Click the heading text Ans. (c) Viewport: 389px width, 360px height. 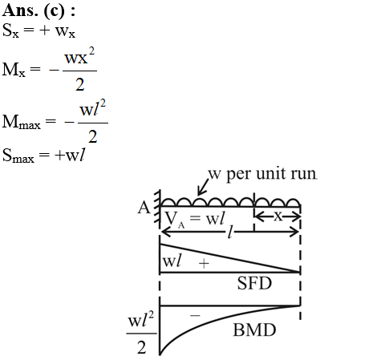tap(38, 11)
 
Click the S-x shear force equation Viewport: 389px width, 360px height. tap(38, 30)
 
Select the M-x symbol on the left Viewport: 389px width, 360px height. tap(14, 69)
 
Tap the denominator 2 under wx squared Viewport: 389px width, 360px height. tap(79, 85)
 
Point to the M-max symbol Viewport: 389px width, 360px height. tap(22, 122)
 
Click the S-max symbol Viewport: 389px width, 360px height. tap(18, 156)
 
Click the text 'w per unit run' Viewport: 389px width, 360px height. tap(263, 174)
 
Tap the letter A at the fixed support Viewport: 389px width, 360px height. tap(144, 208)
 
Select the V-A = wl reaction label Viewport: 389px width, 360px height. tap(195, 219)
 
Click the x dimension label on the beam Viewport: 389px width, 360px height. tap(278, 216)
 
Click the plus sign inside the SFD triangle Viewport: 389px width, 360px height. tap(204, 264)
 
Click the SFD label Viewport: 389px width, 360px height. tap(254, 283)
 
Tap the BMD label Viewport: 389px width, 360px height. tap(254, 330)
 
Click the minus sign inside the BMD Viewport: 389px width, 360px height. tap(195, 316)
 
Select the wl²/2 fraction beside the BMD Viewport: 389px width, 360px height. tap(141, 333)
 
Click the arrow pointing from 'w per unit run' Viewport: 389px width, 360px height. tap(203, 186)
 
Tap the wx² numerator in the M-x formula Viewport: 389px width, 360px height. tap(79, 56)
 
